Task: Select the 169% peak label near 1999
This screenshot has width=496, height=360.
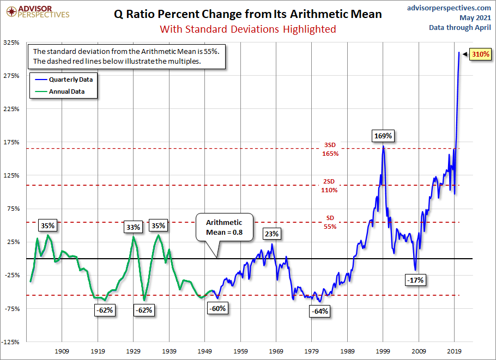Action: (x=383, y=135)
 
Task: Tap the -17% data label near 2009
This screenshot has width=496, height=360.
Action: (x=415, y=280)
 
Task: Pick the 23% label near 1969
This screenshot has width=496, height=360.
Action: (x=272, y=234)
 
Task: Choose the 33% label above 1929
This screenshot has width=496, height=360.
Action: (x=134, y=227)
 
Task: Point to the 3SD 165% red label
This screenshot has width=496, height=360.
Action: (x=330, y=149)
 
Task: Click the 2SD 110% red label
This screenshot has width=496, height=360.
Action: (x=330, y=186)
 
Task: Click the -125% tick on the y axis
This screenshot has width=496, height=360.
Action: (x=12, y=342)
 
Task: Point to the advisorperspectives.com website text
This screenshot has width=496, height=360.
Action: (x=449, y=8)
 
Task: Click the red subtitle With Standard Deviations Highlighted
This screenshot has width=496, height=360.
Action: (x=247, y=29)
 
